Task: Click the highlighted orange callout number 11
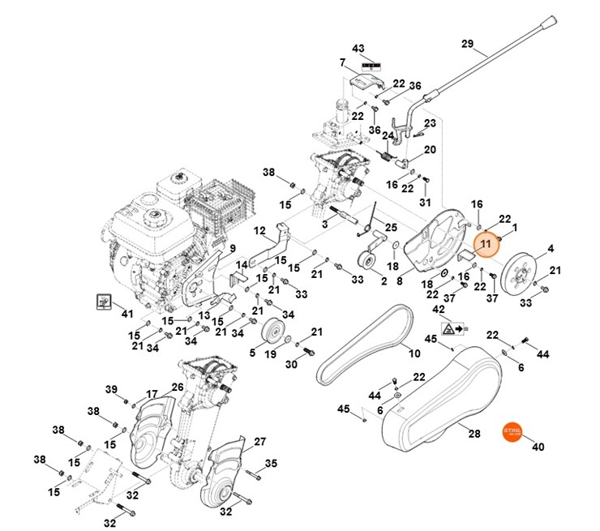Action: coord(486,243)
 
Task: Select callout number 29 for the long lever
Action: coord(489,43)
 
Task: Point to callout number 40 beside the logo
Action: coord(537,447)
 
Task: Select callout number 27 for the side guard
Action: coord(259,442)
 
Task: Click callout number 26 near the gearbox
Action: coord(177,388)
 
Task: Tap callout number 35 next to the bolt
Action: coord(271,464)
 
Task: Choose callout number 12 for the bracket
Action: coord(259,231)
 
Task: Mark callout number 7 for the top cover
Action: coord(343,62)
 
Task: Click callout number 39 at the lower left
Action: coord(112,389)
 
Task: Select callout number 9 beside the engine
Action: coord(232,247)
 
